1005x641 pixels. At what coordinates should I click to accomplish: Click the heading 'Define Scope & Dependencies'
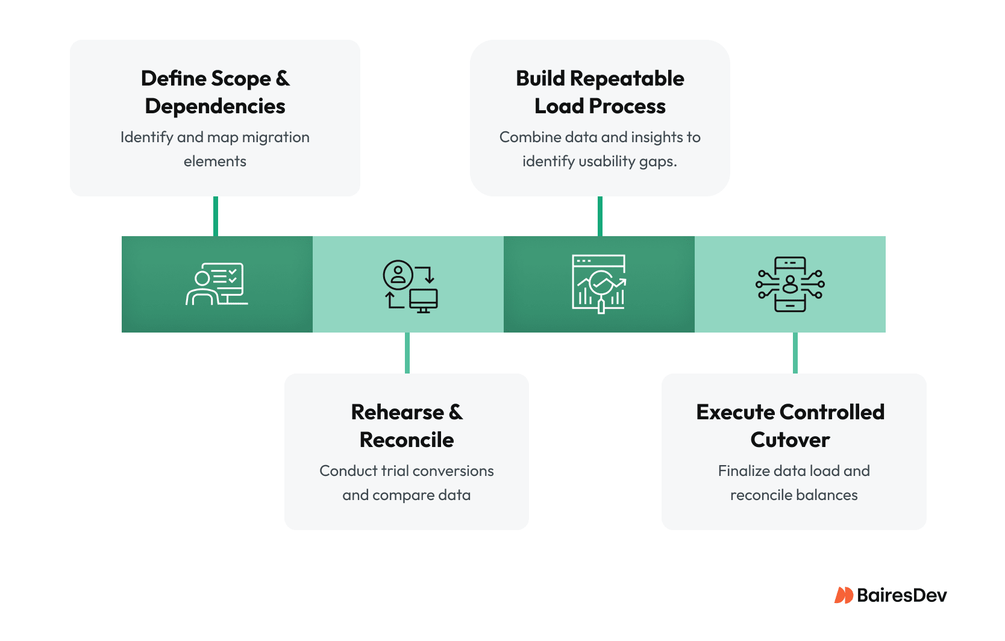(x=215, y=92)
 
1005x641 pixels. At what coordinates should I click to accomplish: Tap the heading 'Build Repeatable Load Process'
(x=600, y=92)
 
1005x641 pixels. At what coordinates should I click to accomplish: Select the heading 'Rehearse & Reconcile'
(x=407, y=425)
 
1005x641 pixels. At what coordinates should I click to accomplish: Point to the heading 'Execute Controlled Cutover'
(x=790, y=425)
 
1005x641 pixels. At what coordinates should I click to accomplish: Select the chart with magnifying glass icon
(x=599, y=284)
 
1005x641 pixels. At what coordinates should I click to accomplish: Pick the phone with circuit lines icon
(x=790, y=284)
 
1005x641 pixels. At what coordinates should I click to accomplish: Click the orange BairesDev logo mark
(x=844, y=595)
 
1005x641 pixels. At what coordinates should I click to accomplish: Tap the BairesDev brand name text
(x=901, y=595)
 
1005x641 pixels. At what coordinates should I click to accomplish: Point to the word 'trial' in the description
(x=395, y=471)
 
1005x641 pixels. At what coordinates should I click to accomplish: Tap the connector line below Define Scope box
(x=216, y=216)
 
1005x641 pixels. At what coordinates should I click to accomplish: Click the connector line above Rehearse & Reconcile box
(x=407, y=353)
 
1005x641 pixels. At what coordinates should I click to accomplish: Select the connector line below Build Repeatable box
(x=600, y=216)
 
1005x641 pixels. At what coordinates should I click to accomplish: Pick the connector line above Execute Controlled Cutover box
(x=795, y=353)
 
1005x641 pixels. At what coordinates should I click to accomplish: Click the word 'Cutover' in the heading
(x=790, y=440)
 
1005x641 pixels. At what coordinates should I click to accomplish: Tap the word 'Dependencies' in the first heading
(x=215, y=106)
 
